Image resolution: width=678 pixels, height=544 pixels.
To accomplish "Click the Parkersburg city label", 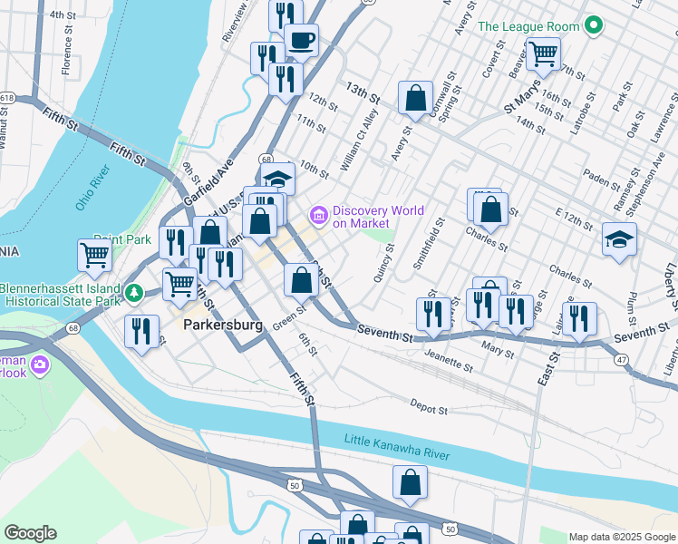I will point(223,324).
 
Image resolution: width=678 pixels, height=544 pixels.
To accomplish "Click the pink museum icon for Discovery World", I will point(318,216).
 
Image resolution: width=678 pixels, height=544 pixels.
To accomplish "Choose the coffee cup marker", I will point(301,41).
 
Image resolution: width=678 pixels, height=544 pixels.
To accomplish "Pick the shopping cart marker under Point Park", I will point(94,257).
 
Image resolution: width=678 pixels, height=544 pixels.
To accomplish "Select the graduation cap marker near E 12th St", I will point(620,240).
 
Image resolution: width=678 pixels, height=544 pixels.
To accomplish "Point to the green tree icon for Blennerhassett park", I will point(134,293).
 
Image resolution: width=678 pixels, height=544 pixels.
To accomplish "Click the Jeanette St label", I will point(449,362).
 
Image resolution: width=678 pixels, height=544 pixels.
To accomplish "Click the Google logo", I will point(30,533).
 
